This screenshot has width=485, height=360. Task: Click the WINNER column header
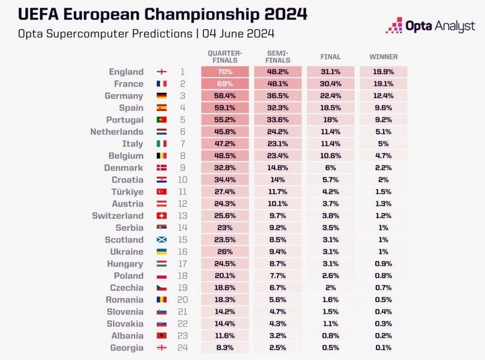click(x=383, y=57)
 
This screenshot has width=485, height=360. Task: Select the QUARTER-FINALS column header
click(x=224, y=56)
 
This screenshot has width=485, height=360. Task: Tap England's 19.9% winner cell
click(x=383, y=72)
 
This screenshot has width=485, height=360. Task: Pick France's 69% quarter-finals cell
click(x=224, y=84)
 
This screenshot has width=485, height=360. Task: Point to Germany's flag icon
click(x=162, y=96)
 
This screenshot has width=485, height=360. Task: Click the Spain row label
click(x=131, y=108)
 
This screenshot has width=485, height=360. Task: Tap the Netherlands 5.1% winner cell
click(x=383, y=132)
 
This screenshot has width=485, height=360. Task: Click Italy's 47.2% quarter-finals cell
click(x=224, y=144)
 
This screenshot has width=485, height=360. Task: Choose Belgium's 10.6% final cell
click(x=330, y=155)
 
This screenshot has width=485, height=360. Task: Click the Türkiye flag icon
click(x=162, y=192)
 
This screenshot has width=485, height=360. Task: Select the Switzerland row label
click(x=118, y=215)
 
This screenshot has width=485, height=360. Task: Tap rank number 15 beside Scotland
click(x=182, y=239)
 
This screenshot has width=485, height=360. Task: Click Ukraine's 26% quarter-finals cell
click(x=224, y=252)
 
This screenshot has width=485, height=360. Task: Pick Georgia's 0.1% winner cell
click(x=383, y=347)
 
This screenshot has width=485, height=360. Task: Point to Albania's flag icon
click(x=162, y=335)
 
